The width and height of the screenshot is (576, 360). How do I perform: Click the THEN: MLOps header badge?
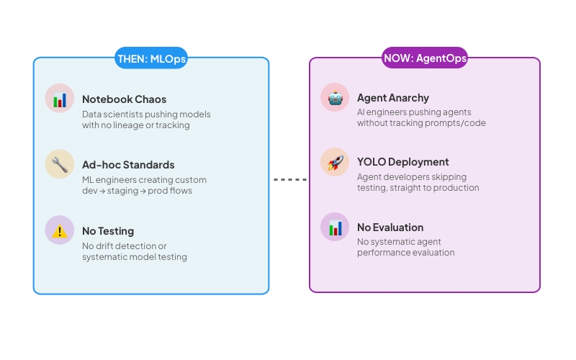pos(151,59)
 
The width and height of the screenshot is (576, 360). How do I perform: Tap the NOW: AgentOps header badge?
pos(424,58)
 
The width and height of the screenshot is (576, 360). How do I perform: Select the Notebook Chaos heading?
pos(125,99)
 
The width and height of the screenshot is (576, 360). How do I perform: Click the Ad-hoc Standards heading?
pos(128,165)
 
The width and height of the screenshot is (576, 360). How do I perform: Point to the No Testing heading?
pos(108,231)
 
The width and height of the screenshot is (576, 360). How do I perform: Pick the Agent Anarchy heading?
pos(393,98)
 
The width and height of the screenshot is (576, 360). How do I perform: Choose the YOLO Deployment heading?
pos(403,162)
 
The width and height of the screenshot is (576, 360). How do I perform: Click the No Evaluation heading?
pos(390,228)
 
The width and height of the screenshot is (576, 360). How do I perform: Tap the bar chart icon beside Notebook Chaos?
pos(60,99)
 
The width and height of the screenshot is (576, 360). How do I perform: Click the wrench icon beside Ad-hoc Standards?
pos(60,164)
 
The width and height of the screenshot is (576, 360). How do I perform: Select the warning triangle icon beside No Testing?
pos(60,230)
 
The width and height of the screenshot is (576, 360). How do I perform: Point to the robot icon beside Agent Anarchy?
pos(335,97)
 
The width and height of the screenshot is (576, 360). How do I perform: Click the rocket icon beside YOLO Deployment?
pos(335,162)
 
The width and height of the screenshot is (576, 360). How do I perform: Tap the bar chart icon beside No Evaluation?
pos(335,228)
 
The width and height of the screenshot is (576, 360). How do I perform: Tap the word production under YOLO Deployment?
pos(457,188)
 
